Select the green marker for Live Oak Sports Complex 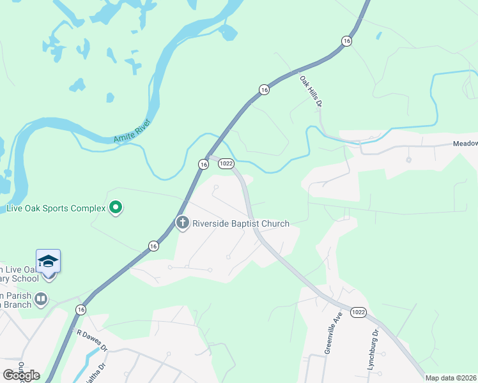coord(116,207)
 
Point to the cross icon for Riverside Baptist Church coord(182,223)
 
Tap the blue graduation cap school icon coord(49,261)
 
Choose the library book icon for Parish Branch coord(41,298)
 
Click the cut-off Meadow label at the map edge coord(465,144)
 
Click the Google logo coord(21,375)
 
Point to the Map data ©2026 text coord(451,378)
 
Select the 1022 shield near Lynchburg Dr coord(358,312)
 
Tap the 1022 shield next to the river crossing coord(225,164)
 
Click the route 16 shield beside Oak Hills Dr coord(264,91)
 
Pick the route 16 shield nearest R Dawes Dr coord(81,309)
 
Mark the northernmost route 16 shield coord(346,41)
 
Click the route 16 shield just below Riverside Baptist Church coord(153,245)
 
